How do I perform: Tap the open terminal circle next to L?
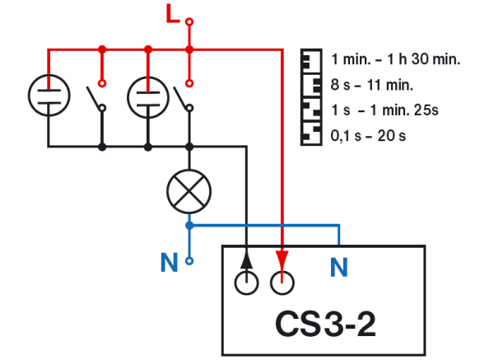pos(189,21)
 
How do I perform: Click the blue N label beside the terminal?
pos(169,264)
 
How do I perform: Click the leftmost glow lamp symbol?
pos(49,96)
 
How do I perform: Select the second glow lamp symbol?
pos(147,96)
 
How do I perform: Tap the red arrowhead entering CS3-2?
pos(282,256)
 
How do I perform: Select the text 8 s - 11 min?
pos(371,84)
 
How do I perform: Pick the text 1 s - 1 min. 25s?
pos(384,110)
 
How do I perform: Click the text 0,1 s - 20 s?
pos(368,135)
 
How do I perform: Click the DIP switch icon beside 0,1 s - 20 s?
pos(310,134)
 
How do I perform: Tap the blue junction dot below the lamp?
pos(189,224)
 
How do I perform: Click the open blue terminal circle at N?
pos(189,262)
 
